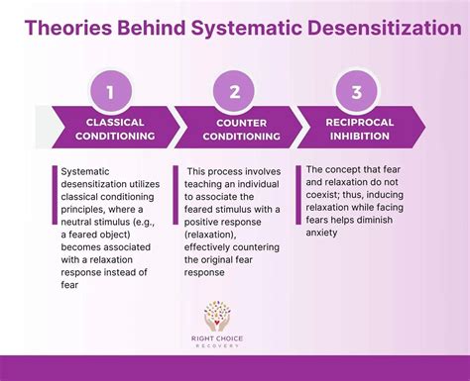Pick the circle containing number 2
[x=235, y=94]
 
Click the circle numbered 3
[x=354, y=94]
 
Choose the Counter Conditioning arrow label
[x=234, y=130]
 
